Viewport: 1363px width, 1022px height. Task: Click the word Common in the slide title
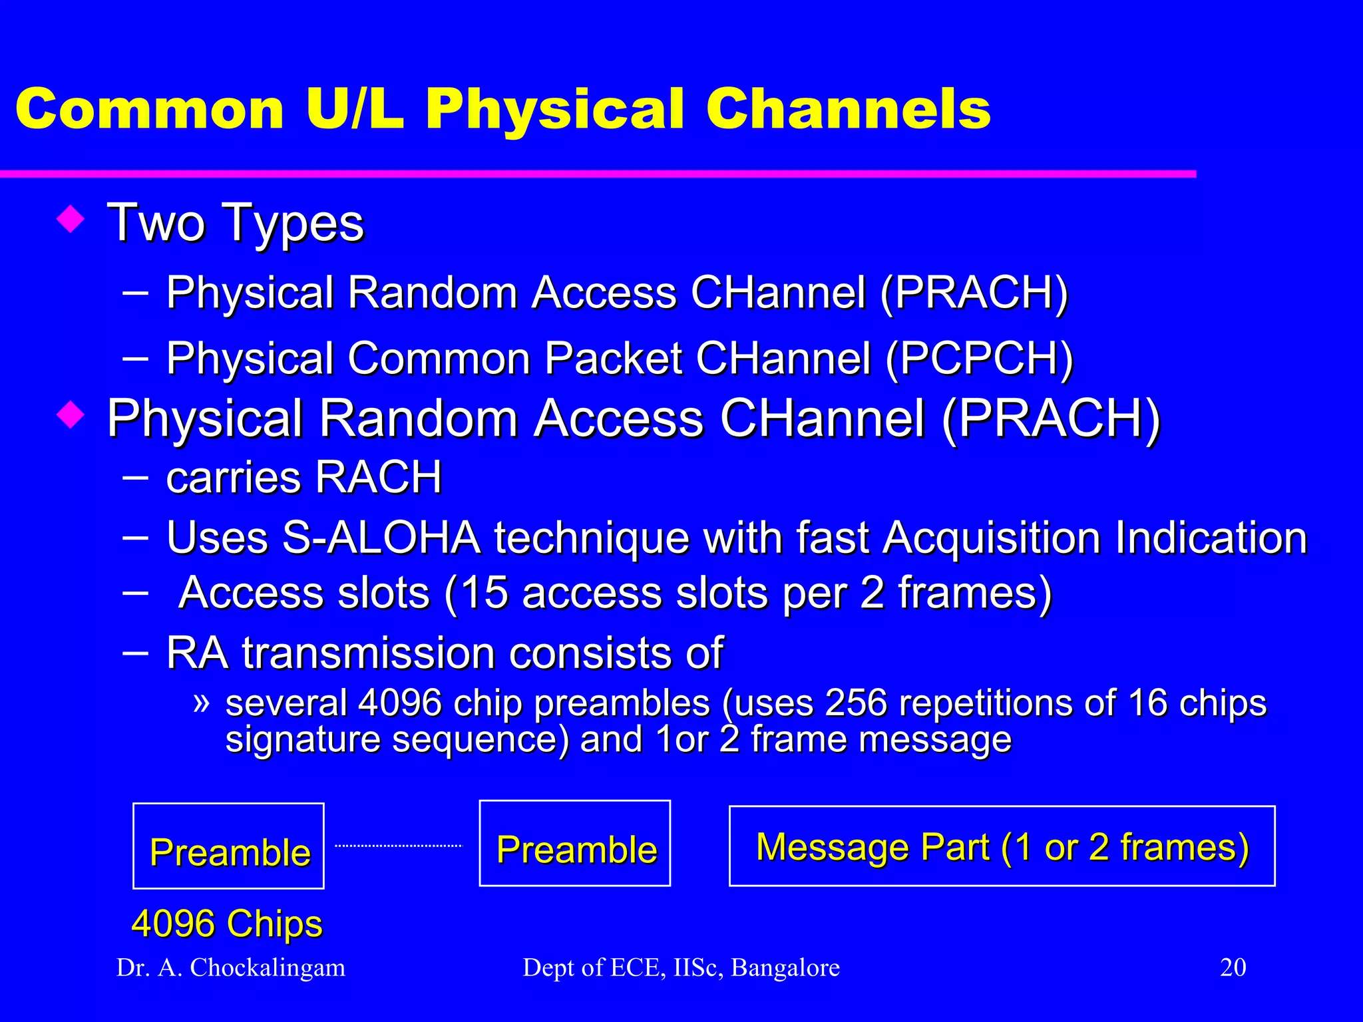[150, 110]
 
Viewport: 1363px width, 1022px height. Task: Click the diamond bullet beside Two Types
[71, 219]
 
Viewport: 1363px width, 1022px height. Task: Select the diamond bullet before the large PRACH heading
[71, 415]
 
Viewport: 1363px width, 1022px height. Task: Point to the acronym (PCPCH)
[979, 359]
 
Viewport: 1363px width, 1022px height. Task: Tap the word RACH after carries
[378, 477]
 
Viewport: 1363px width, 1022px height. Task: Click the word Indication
[1211, 537]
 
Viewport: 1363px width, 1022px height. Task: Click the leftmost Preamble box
[228, 846]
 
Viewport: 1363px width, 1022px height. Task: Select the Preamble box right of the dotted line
[574, 844]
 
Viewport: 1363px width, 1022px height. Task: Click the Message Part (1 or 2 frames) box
[1002, 846]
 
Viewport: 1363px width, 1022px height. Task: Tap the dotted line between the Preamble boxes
[398, 846]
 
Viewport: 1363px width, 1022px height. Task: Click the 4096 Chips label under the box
[227, 924]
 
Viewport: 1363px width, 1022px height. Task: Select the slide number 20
[1233, 967]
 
